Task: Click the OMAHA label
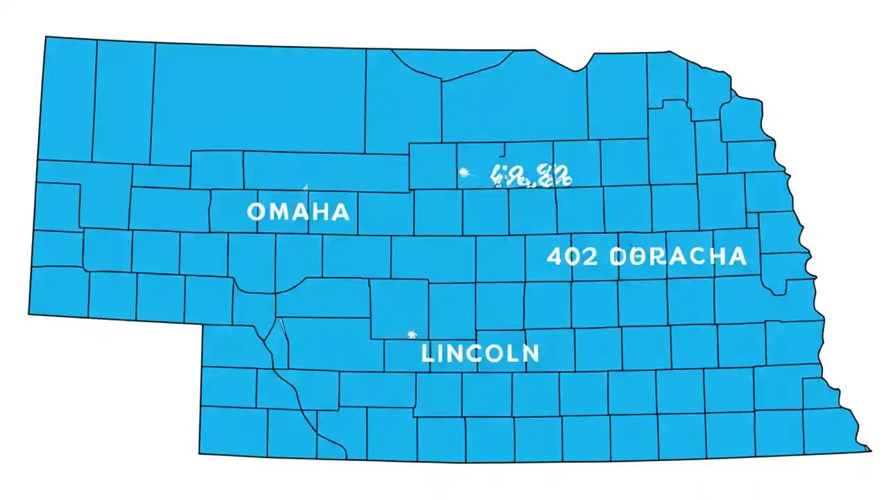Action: [298, 212]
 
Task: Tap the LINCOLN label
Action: [480, 353]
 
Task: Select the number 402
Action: [572, 256]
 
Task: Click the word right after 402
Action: [677, 256]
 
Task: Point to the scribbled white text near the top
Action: [531, 177]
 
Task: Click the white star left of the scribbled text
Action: [465, 172]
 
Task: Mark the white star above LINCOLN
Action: [412, 335]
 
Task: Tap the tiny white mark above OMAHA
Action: [306, 186]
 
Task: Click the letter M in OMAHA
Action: [281, 212]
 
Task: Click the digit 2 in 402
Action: [589, 256]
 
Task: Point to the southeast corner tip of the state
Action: [870, 450]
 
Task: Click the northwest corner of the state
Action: [47, 37]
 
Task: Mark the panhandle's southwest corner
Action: [28, 315]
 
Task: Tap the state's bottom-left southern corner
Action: [199, 455]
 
